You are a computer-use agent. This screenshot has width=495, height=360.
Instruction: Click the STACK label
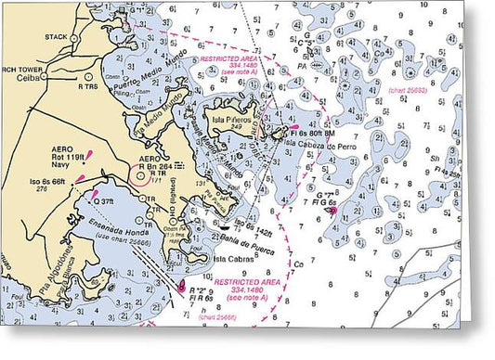click(x=57, y=37)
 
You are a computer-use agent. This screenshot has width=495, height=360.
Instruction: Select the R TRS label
click(x=88, y=86)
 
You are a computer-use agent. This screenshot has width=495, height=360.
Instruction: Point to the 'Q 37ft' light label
click(x=103, y=200)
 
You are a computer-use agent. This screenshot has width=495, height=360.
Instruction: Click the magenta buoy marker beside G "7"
click(x=332, y=211)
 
